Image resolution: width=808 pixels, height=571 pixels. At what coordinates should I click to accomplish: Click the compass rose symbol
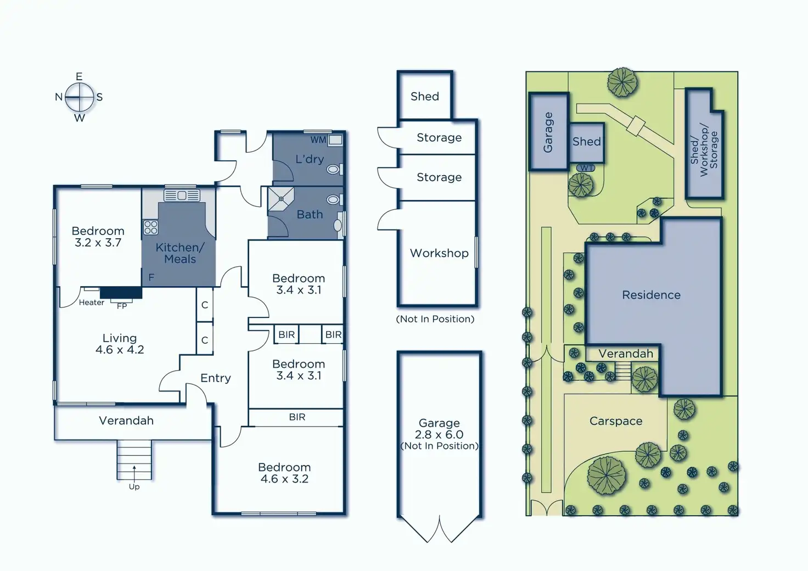80,98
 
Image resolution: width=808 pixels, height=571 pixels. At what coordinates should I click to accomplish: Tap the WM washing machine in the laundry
335,140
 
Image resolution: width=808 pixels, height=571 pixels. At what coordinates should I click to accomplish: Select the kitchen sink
182,195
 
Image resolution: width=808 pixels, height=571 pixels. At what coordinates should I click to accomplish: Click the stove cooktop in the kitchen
150,227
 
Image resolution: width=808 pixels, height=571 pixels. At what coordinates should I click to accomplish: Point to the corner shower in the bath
280,199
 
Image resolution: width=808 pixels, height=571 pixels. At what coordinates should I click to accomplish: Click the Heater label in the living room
91,303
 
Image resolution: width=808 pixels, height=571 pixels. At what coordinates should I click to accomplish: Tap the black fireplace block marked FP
121,293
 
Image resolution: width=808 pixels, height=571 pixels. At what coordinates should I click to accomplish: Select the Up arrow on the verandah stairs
134,471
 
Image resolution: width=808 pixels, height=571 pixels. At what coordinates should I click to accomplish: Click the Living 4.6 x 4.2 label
120,344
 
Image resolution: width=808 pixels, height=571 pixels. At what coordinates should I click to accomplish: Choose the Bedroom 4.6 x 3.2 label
284,473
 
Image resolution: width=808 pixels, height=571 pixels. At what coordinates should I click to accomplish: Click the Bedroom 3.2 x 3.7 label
98,237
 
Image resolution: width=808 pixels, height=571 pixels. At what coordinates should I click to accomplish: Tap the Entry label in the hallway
215,378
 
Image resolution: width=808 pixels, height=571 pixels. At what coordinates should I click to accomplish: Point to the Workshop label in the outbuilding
439,253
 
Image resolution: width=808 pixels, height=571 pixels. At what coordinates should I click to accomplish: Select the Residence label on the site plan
651,295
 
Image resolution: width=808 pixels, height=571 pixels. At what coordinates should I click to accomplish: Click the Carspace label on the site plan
615,421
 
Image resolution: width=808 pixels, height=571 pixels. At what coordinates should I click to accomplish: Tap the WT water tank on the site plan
586,168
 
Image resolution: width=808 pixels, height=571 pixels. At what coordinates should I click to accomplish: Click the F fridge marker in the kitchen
151,278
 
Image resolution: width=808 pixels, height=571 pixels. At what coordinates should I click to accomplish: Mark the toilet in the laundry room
333,170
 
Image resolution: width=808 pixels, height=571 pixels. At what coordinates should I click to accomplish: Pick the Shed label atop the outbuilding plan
425,97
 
